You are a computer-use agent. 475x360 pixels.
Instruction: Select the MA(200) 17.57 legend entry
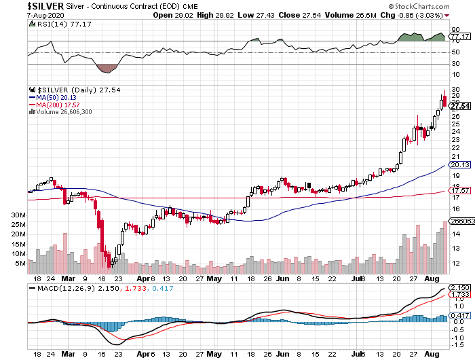(56, 104)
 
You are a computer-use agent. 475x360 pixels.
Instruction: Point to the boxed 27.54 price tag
(460, 106)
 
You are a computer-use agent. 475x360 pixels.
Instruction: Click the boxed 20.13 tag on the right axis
(460, 164)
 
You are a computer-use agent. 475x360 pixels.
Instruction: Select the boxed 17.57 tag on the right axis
(460, 191)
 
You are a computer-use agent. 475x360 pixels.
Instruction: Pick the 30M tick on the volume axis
(18, 215)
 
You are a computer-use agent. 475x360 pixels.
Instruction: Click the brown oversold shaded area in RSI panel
(107, 68)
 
